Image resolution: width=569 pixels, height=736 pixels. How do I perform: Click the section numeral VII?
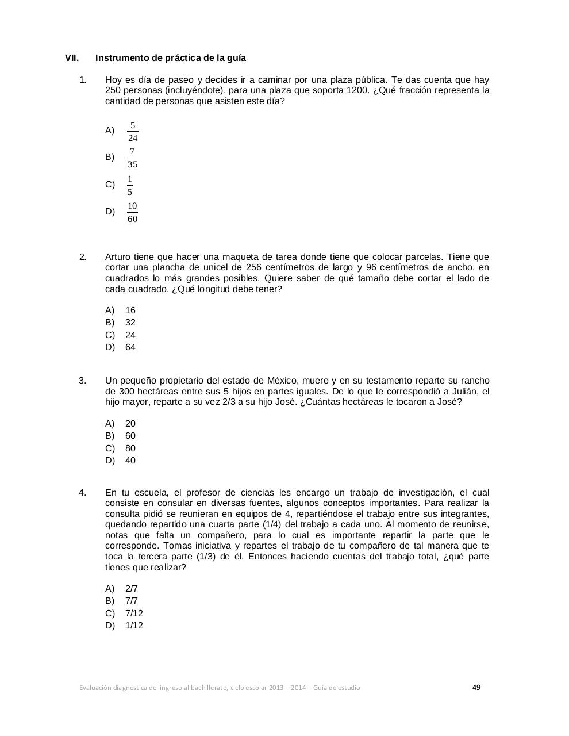71,58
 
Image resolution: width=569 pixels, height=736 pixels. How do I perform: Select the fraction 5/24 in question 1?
133,132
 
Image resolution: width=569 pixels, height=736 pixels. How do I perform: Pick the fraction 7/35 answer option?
133,158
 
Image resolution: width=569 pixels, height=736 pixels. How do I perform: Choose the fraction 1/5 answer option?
130,185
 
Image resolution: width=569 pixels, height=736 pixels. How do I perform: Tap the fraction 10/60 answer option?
133,212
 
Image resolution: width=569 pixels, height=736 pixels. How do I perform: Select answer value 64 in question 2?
130,347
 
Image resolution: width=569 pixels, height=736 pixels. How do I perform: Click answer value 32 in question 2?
130,323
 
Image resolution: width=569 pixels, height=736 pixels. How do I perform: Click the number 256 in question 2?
255,267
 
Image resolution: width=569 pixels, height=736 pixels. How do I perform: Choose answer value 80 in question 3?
130,448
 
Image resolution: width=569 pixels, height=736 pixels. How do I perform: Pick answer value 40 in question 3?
130,461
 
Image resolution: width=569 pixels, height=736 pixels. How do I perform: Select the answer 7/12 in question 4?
134,614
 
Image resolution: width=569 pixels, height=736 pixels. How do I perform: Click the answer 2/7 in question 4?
132,589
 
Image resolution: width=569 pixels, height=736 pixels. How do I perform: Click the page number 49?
476,687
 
